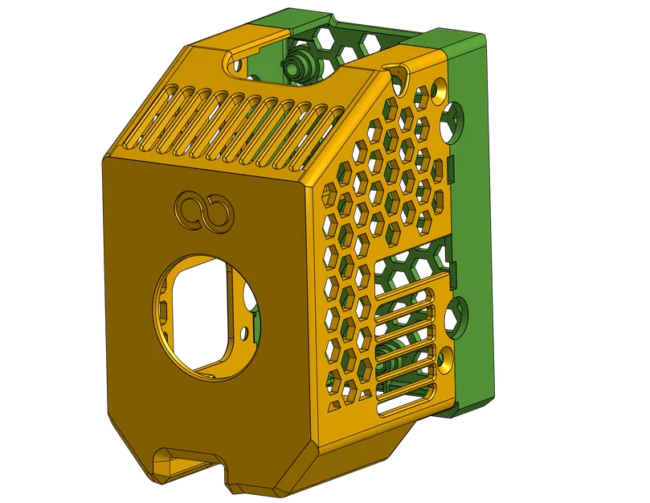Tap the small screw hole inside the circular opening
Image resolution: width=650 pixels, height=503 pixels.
[244, 331]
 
